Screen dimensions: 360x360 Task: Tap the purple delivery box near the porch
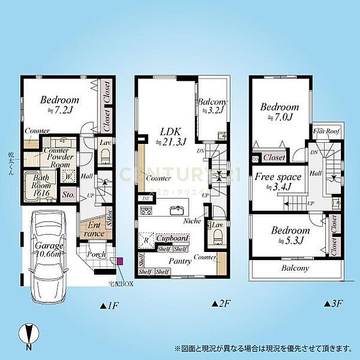120,261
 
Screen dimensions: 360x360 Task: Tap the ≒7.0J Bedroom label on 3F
279,112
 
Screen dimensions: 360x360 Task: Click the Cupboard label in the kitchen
172,239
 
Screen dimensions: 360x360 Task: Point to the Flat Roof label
327,131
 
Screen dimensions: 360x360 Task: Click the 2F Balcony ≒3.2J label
212,107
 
